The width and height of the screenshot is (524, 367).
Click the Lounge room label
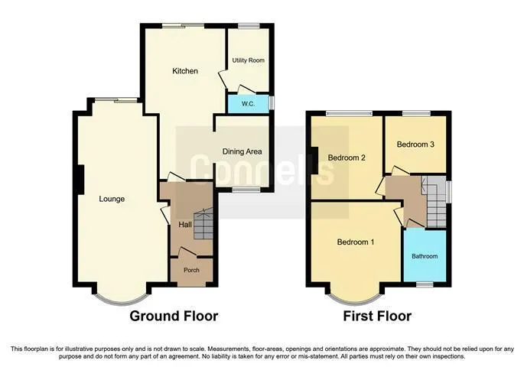[112, 199]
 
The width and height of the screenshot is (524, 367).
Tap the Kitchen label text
[185, 71]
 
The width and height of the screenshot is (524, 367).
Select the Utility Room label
[249, 60]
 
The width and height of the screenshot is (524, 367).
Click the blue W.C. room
[249, 104]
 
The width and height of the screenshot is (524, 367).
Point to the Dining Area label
[242, 151]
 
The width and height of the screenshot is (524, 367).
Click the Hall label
[185, 225]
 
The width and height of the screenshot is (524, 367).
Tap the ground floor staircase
[203, 223]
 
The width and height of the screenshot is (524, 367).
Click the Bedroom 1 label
[355, 242]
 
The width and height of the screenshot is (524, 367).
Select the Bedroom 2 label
[347, 158]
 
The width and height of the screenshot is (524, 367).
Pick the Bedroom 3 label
[415, 145]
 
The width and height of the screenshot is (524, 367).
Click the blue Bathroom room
[425, 255]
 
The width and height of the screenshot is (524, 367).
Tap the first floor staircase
[436, 201]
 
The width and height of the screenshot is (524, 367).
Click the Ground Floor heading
[174, 316]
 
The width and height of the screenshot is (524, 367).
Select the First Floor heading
[377, 316]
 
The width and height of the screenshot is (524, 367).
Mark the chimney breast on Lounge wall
[80, 180]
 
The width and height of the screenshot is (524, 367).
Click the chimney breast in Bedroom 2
[314, 161]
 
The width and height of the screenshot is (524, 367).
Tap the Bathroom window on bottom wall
[425, 284]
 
